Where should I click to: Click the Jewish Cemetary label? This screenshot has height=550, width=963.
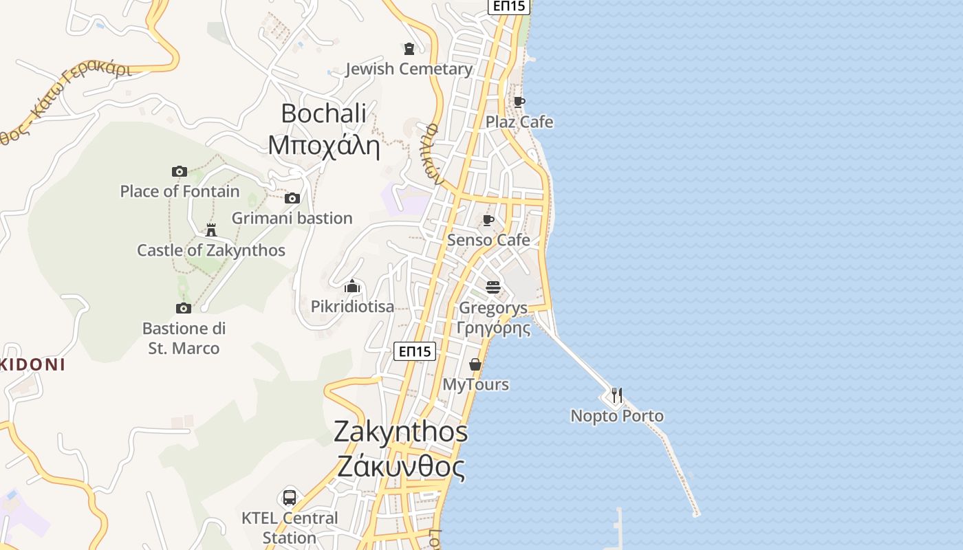click(409, 69)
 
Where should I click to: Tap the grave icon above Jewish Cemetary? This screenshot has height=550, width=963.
click(409, 48)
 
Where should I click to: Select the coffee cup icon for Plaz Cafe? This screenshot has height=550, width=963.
click(519, 102)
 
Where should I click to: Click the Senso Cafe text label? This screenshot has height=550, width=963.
click(488, 240)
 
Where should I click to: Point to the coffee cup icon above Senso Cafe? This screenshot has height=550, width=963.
click(488, 220)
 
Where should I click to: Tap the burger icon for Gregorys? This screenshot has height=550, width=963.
click(493, 287)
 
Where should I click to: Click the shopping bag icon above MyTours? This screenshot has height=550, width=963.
click(475, 364)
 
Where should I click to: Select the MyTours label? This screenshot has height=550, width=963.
click(475, 384)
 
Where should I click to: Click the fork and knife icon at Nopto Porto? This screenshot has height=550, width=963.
click(617, 395)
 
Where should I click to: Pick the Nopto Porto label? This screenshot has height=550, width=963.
click(617, 416)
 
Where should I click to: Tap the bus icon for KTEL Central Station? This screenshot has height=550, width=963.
click(290, 497)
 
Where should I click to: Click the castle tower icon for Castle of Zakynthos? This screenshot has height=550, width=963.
click(211, 230)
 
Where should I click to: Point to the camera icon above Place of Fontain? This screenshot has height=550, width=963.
click(180, 171)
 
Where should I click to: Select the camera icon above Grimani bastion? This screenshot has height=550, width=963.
click(292, 198)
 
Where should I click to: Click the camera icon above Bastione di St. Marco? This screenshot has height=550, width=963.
click(184, 308)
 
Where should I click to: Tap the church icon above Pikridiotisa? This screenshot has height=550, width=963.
click(353, 286)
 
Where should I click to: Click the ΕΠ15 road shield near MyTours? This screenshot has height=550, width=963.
click(415, 351)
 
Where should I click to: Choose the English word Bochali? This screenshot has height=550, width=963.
click(323, 113)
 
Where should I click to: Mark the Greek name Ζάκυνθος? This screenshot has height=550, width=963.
click(400, 467)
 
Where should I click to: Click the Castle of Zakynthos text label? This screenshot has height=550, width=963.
click(211, 250)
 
